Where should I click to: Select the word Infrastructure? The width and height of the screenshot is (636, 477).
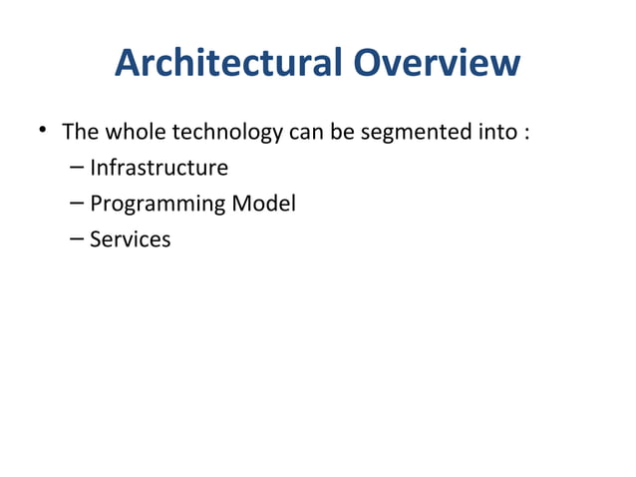[x=159, y=168]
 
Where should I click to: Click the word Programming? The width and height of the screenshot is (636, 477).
[x=158, y=205]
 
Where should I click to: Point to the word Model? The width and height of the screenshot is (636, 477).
[x=263, y=204]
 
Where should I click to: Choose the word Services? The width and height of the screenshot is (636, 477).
[x=130, y=239]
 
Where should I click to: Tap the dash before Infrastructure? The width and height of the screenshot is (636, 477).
[x=78, y=168]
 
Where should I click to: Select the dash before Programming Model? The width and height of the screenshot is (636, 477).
[x=78, y=204]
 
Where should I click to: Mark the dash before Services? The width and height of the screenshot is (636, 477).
[x=78, y=239]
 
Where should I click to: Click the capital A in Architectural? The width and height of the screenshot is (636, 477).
[x=128, y=65]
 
